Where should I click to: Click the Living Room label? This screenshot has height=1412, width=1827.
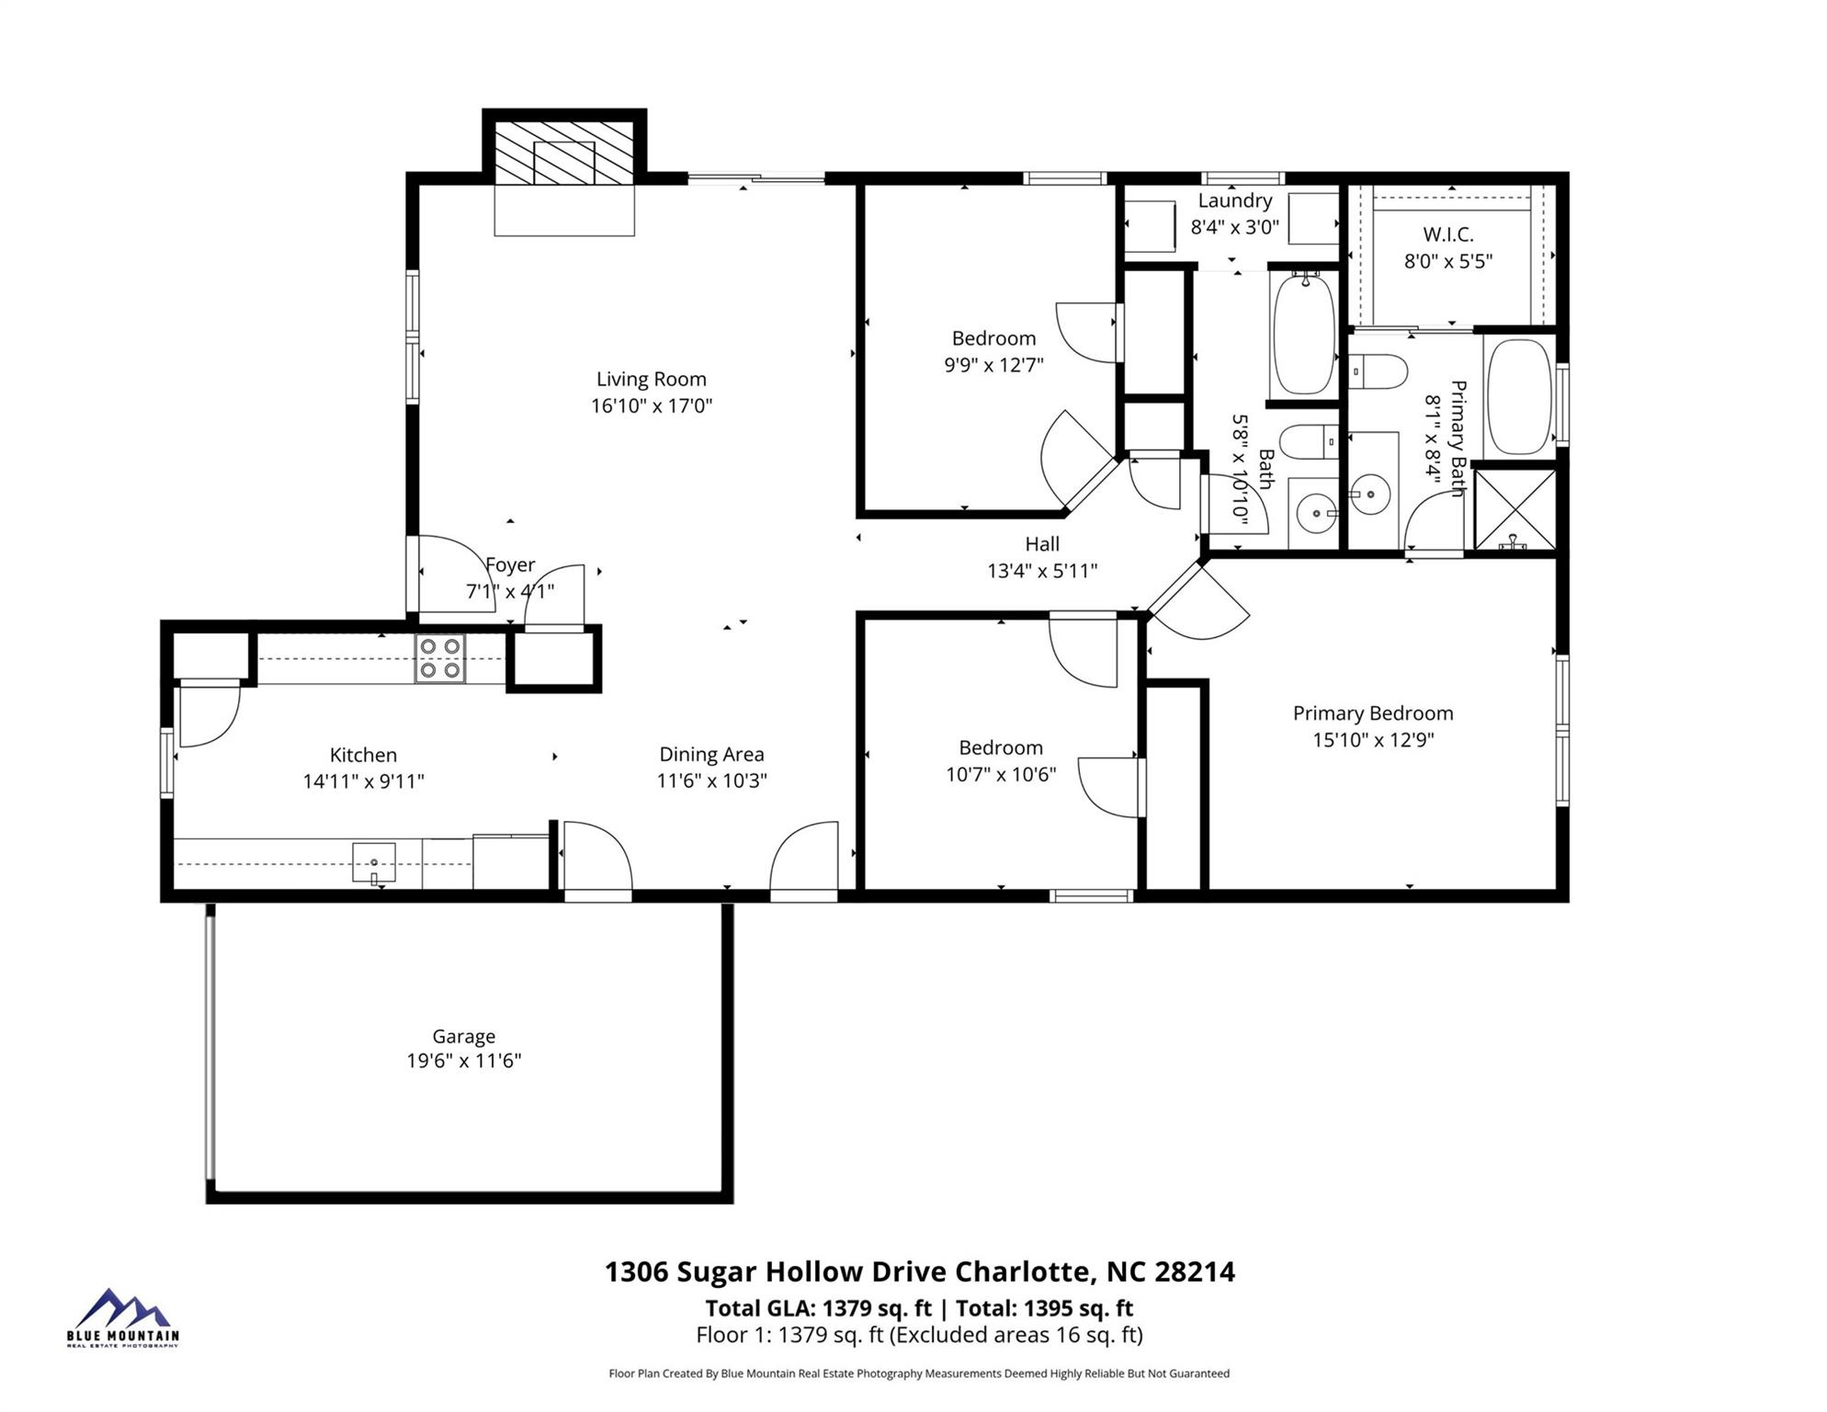click(x=651, y=379)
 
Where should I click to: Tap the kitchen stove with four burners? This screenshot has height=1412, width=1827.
click(x=440, y=658)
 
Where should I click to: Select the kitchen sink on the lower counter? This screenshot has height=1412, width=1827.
click(x=374, y=863)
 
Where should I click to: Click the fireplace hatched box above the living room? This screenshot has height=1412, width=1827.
click(x=564, y=152)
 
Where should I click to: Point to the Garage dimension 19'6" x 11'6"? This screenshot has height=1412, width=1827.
click(x=464, y=1061)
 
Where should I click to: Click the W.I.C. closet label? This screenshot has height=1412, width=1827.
click(x=1448, y=234)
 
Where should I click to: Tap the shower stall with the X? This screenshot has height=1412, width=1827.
click(x=1515, y=510)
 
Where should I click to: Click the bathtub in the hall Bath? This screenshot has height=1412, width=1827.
click(x=1303, y=333)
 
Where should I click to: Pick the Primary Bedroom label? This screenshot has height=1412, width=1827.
click(x=1373, y=713)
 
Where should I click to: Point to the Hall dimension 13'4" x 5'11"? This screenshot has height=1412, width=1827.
click(x=1042, y=571)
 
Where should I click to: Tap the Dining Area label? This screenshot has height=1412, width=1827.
click(x=711, y=755)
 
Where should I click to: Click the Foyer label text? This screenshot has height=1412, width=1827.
click(x=510, y=564)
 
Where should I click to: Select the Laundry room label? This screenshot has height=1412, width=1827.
click(x=1234, y=200)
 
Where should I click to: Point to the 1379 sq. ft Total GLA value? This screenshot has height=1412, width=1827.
click(x=877, y=1308)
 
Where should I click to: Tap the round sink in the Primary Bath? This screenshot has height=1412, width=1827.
click(x=1372, y=494)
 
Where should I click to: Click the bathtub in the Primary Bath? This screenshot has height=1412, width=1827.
click(x=1518, y=397)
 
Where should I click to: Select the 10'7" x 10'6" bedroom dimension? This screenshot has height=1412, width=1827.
click(x=1001, y=775)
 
